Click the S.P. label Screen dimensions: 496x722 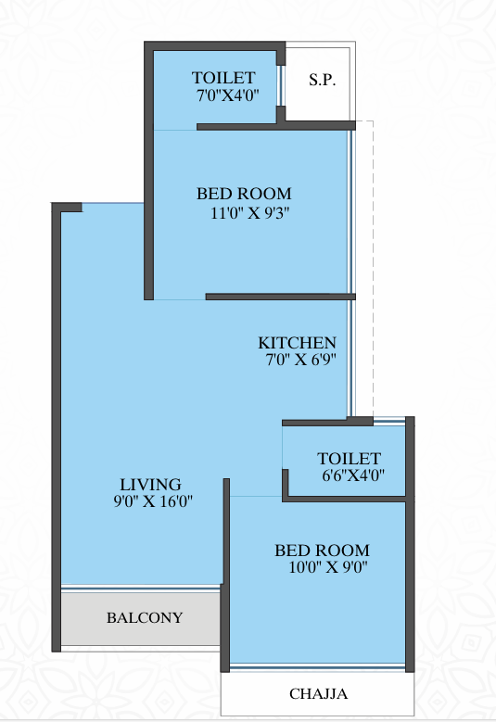click(322, 80)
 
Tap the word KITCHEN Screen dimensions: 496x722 click(297, 343)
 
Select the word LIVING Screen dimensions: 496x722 click(150, 485)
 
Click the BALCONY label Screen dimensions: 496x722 click(145, 617)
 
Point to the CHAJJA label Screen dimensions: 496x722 click(318, 693)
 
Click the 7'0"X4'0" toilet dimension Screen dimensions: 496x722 click(227, 95)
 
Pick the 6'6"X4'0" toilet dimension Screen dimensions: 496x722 click(353, 475)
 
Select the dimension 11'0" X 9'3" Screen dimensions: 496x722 click(250, 213)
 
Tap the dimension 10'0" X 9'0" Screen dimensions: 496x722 click(328, 567)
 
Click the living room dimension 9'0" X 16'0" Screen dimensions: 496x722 click(153, 500)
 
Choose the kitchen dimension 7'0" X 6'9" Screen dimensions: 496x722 click(300, 360)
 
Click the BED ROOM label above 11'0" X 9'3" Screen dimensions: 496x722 click(244, 194)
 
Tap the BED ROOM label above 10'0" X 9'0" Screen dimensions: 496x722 click(323, 551)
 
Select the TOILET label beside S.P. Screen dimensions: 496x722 click(223, 77)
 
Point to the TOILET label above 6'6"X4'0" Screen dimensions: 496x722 click(350, 458)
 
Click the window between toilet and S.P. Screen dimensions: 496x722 click(280, 86)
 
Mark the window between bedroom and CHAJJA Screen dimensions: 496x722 click(317, 666)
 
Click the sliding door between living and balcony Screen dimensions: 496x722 click(141, 588)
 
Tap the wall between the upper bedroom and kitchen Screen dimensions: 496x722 click(281, 297)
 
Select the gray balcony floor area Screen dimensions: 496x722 click(141, 618)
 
